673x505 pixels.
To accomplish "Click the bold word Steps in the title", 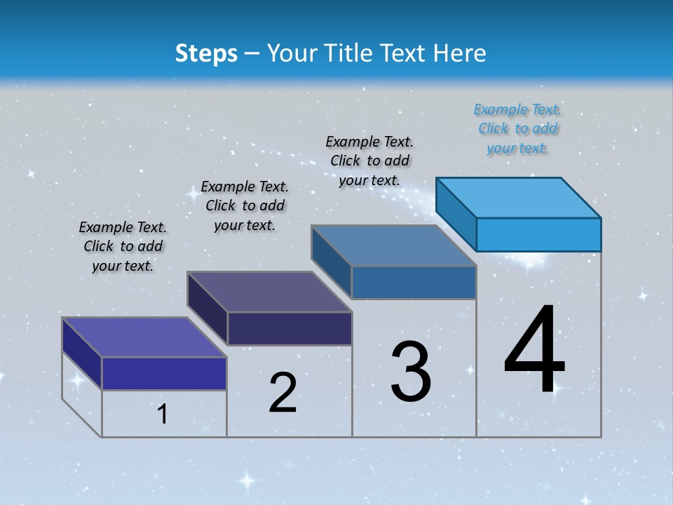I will (206, 53).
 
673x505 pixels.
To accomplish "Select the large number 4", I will (534, 351).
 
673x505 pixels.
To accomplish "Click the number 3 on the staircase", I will (411, 372).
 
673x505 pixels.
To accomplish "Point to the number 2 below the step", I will (283, 393).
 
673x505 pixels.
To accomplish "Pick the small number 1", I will (163, 415).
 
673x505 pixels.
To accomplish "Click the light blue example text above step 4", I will (517, 129).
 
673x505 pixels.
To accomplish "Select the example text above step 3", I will (369, 161).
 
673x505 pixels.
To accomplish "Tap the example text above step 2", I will (245, 206).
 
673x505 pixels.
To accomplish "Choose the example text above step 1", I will (123, 246).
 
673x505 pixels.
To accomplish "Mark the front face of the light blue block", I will (538, 234).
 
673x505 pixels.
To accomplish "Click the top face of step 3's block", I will (394, 245).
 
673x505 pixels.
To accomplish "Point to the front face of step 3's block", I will (414, 282).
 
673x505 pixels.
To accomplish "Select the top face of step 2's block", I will (269, 292).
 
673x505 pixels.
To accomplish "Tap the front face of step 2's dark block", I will (290, 328).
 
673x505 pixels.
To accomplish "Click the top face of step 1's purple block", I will (144, 337).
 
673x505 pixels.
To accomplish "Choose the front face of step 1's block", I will (164, 373).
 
